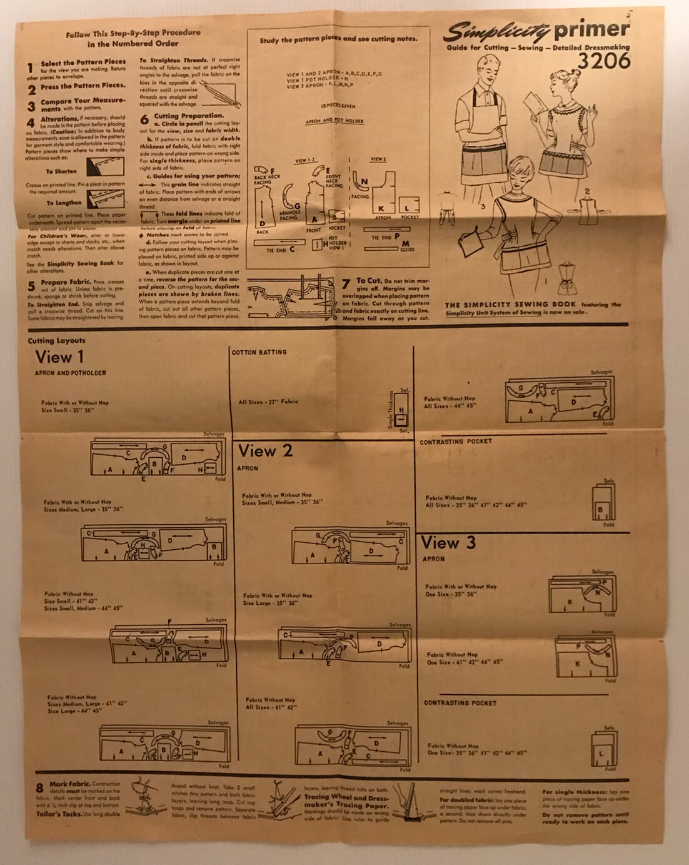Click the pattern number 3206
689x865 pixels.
click(603, 61)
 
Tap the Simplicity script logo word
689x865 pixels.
click(496, 31)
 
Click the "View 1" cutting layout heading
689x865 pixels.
click(59, 357)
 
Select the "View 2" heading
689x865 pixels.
click(265, 451)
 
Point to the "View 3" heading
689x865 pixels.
click(448, 543)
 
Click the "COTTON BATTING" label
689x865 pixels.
click(259, 353)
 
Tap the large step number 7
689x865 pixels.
click(346, 285)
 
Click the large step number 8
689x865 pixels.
click(39, 788)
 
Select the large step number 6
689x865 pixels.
click(144, 119)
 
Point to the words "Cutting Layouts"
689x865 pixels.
click(56, 341)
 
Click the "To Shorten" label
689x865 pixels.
click(61, 171)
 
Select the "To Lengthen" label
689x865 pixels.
click(64, 203)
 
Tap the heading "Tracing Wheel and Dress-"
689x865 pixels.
click(346, 797)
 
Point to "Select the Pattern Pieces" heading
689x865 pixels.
click(83, 63)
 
